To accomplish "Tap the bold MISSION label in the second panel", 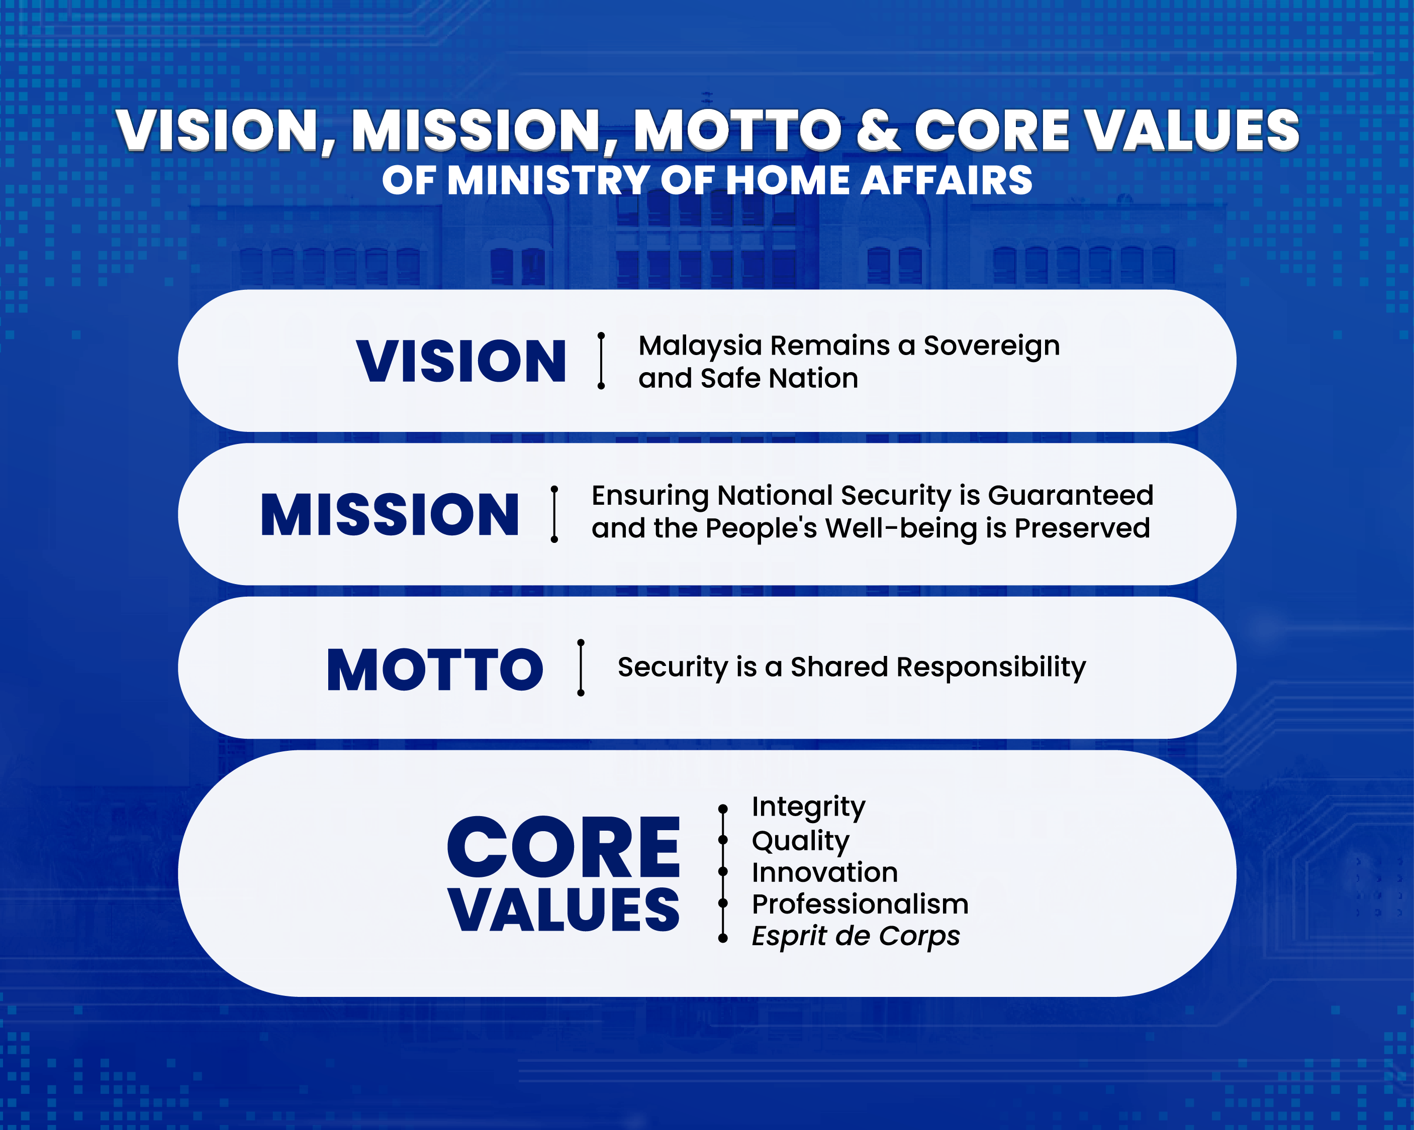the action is tap(390, 515).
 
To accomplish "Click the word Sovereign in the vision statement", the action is tap(992, 347).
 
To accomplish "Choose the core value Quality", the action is tap(801, 841).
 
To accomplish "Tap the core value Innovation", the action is tap(825, 872).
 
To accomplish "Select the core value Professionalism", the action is tap(861, 905).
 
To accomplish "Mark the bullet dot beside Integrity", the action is tap(723, 809).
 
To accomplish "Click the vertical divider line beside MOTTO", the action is tap(581, 668).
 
